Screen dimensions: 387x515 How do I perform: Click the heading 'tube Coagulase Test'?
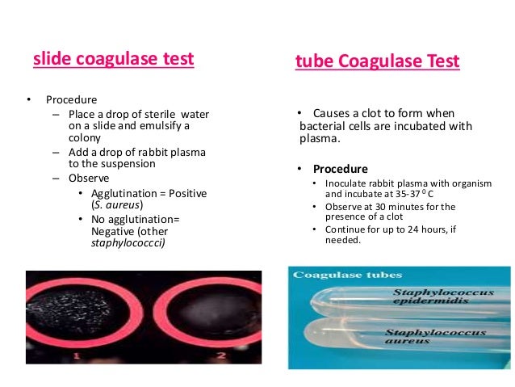coord(378,61)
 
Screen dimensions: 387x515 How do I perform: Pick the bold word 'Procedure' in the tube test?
coord(340,170)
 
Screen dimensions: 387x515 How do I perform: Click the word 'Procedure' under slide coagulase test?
coord(71,100)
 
